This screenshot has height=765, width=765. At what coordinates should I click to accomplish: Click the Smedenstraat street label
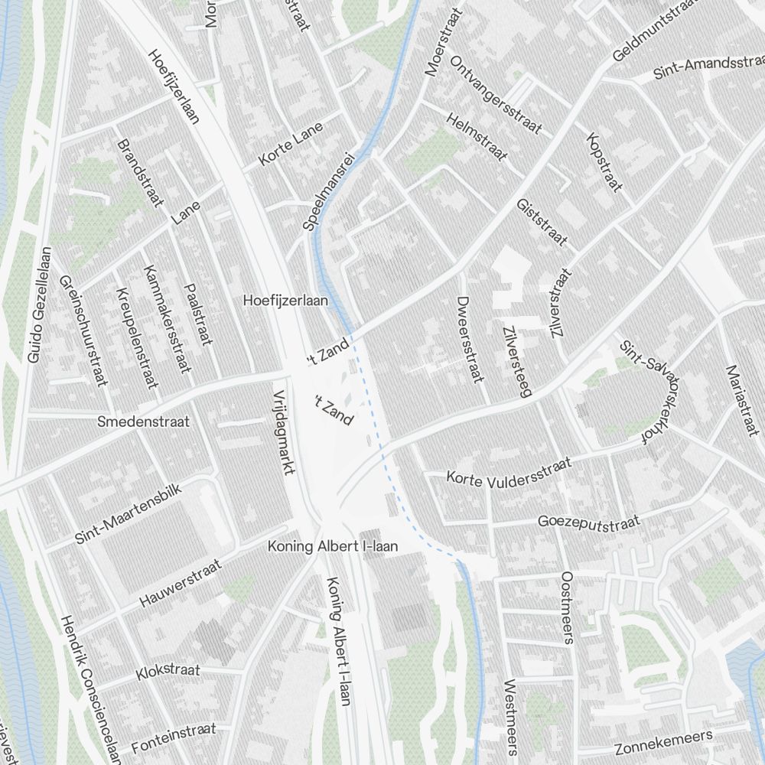coord(144,422)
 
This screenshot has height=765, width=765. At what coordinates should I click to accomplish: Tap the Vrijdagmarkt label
coord(283,433)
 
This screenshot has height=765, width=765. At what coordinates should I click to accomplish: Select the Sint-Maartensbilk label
coord(128,515)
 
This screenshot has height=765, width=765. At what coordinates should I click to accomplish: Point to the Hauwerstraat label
coord(181,584)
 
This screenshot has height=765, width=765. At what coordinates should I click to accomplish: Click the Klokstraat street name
coord(168,672)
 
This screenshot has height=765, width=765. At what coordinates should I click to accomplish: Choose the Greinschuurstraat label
coord(81,330)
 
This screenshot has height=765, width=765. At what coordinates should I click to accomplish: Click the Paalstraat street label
coord(197,314)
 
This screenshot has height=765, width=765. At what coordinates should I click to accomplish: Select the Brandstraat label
coord(140,173)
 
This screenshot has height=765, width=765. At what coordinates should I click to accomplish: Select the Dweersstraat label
coord(470,339)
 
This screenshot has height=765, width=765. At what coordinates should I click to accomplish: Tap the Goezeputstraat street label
coord(588,522)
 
